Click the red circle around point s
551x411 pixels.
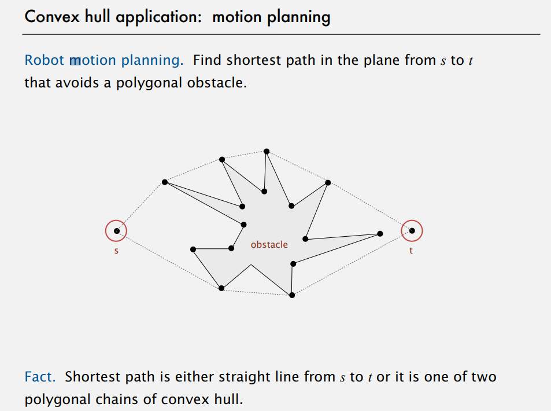tap(116, 230)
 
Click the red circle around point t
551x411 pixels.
tap(412, 230)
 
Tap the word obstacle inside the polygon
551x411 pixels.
tap(269, 245)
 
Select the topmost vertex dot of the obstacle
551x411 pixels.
tap(267, 151)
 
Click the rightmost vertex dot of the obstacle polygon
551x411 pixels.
tap(380, 234)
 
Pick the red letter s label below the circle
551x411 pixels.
tap(116, 251)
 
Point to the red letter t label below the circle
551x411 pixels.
tap(411, 251)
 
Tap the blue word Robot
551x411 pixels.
tap(45, 60)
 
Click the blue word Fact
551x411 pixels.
tap(40, 377)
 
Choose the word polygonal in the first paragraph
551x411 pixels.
tap(150, 83)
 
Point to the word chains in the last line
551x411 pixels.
tap(135, 400)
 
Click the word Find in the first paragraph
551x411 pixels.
tap(208, 60)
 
